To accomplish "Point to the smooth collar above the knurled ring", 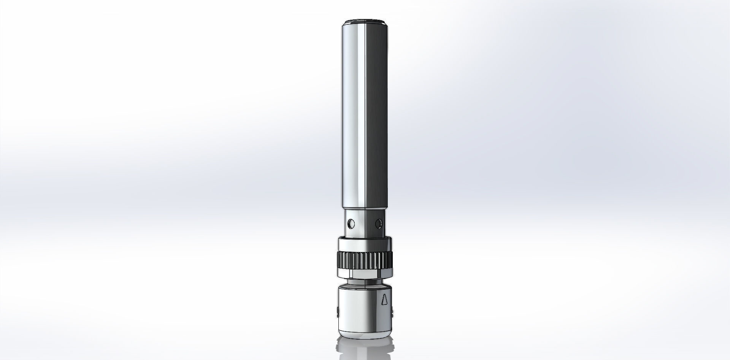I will (x=364, y=243).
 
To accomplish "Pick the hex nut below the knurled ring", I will (x=364, y=274).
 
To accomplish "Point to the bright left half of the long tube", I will (x=354, y=114).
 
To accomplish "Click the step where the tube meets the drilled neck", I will (x=364, y=209).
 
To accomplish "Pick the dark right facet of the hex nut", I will (x=384, y=274).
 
